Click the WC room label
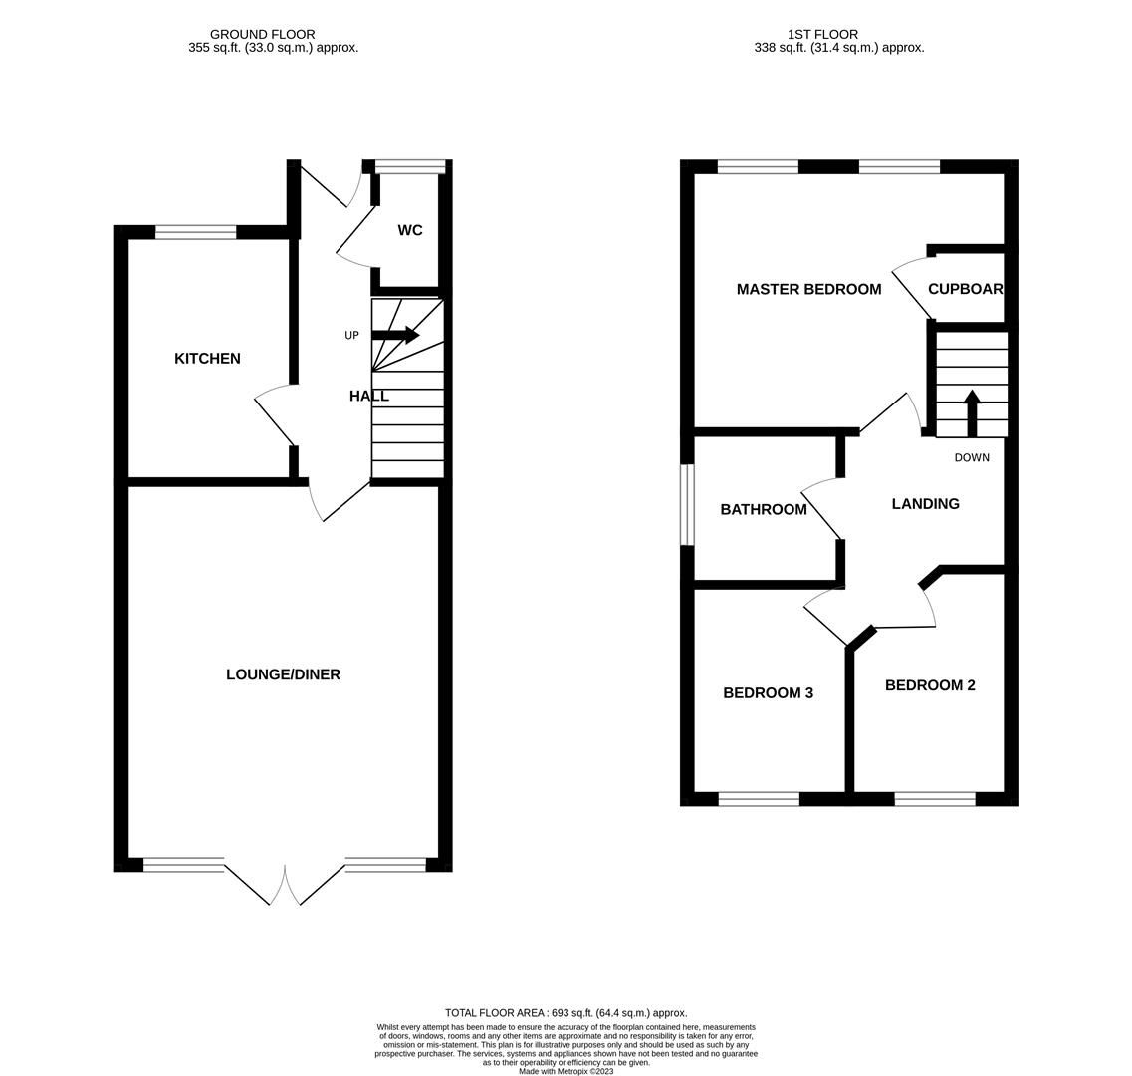[x=410, y=230]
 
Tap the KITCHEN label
[x=207, y=359]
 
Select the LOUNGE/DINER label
[x=283, y=674]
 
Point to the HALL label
[x=368, y=396]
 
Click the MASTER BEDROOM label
[x=808, y=289]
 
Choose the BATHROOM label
[x=764, y=509]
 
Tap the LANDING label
[x=925, y=504]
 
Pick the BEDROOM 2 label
[x=930, y=685]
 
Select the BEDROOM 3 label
[x=768, y=692]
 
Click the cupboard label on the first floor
[x=965, y=289]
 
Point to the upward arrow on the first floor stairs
[x=972, y=411]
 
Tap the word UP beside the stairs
[x=351, y=336]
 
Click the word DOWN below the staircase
[x=972, y=458]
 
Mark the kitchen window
[x=196, y=232]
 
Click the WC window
[x=410, y=166]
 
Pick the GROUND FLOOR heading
[x=262, y=34]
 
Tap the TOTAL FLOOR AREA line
[x=566, y=1013]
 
